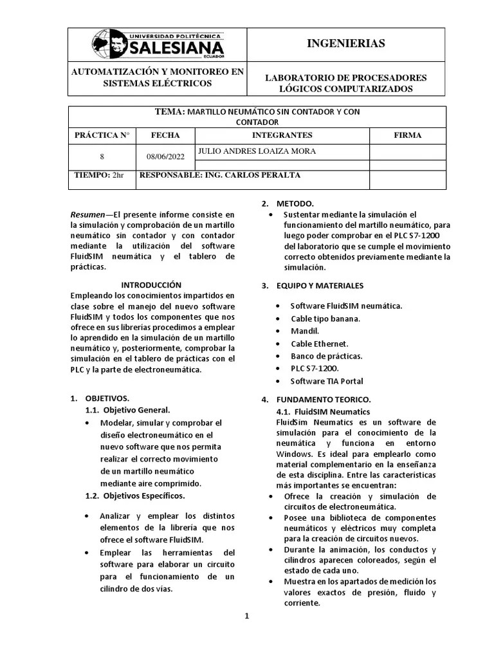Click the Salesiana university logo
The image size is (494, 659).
point(158,44)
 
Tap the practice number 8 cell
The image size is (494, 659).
point(102,156)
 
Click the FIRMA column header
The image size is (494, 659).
point(407,135)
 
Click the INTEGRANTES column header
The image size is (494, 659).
point(282,135)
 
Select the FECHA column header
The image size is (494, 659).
point(165,135)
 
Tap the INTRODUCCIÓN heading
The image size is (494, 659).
point(152,284)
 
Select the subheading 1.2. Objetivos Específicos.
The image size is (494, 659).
point(135,496)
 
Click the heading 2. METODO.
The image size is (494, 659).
point(288,202)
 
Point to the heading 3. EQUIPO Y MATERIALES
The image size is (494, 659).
point(313,285)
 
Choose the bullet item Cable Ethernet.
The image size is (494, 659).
point(319,344)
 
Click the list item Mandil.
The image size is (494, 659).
point(305,331)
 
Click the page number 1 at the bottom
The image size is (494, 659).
point(246,616)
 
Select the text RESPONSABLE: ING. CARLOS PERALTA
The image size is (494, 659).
point(220,175)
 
